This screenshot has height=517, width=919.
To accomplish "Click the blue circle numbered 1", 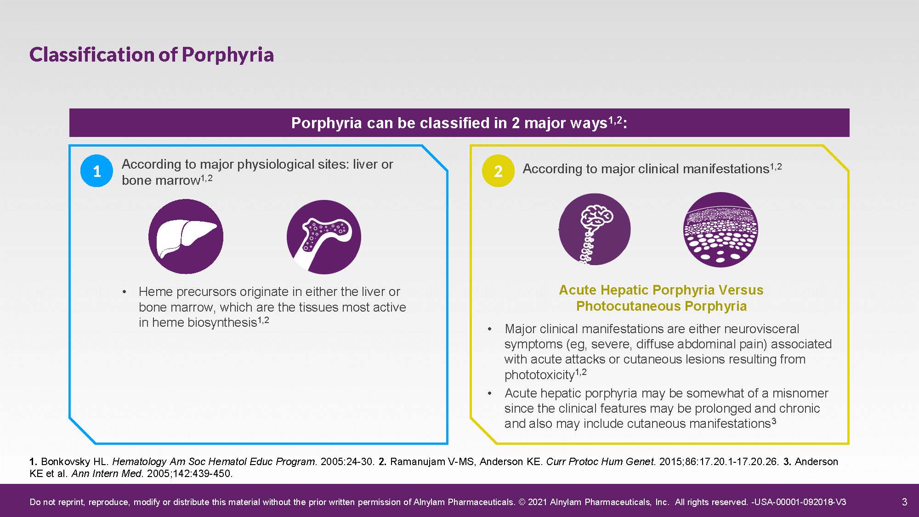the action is click(96, 171).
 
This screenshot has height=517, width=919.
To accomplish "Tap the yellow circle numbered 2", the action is click(498, 171).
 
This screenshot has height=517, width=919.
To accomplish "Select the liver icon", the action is click(186, 236).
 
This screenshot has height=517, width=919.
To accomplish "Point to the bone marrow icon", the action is click(324, 237).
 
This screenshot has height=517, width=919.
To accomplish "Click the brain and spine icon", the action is click(595, 229).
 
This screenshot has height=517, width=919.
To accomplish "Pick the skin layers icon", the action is click(720, 230).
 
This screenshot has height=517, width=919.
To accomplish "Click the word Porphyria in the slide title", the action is click(228, 55).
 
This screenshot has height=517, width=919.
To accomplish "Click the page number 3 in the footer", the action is click(904, 502).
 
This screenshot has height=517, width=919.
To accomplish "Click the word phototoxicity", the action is click(539, 375).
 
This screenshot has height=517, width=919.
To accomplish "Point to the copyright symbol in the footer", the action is click(522, 502).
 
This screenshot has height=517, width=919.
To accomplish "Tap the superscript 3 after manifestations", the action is click(774, 420).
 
